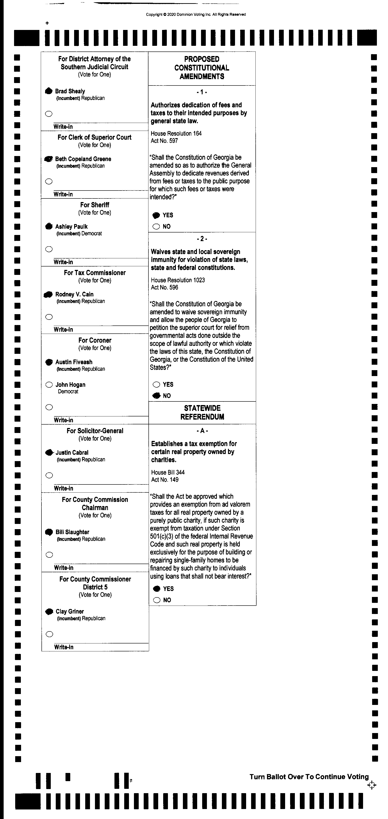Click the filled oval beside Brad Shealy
(49, 91)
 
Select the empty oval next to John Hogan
(49, 385)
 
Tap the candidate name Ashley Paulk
(71, 227)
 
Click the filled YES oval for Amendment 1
(156, 215)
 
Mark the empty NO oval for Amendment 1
(156, 227)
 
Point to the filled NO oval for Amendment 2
(156, 396)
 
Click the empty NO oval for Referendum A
(157, 600)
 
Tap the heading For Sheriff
(95, 205)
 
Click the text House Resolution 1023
(178, 280)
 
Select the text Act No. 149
(165, 480)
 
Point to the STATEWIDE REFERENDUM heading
(202, 412)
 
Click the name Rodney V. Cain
(74, 294)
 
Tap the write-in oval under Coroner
(49, 407)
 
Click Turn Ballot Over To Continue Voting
(309, 777)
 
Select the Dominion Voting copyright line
(196, 14)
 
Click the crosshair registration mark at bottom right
(372, 785)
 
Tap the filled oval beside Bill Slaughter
(49, 532)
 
